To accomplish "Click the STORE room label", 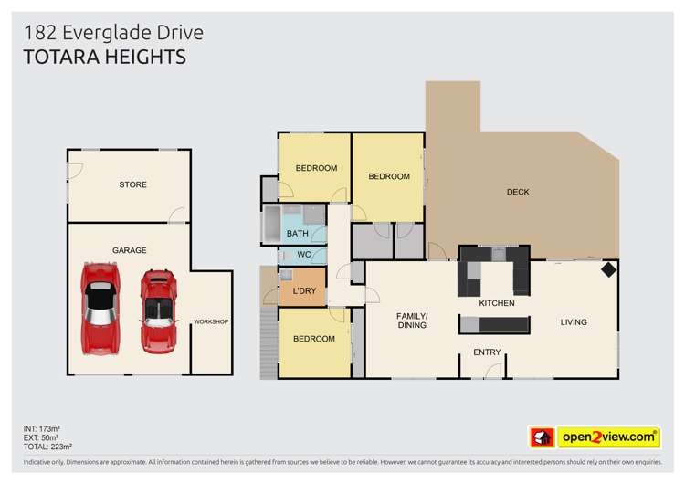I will (132, 184).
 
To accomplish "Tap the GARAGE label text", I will (129, 250).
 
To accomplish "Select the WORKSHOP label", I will (210, 321).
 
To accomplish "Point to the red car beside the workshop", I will (158, 310).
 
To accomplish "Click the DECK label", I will (518, 192).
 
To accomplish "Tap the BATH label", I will (298, 234).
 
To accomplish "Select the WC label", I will (304, 254).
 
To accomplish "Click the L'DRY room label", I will (304, 290).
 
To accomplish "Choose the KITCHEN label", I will (497, 302).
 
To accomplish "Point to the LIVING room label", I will (574, 321).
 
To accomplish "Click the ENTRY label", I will (486, 352).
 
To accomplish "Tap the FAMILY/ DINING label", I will (412, 321).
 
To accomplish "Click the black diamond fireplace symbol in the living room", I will (607, 270).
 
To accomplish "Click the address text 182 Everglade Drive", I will (113, 34).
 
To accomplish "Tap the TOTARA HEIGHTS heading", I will (104, 58).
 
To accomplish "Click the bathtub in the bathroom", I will (273, 224).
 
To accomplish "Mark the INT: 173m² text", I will (42, 427).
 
